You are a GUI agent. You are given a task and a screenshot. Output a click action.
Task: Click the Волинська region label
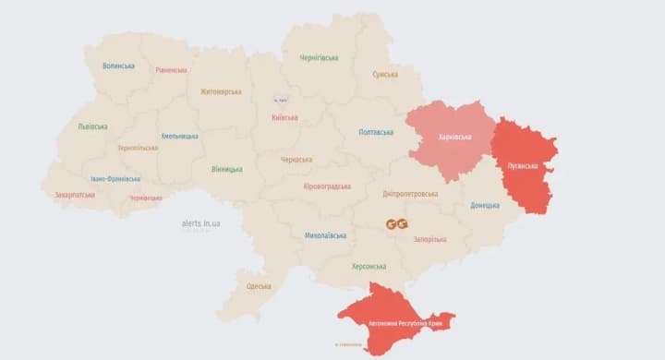coord(118,66)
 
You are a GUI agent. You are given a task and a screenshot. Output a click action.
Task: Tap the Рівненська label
coord(171,70)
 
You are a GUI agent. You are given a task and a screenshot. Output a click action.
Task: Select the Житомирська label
coord(221,91)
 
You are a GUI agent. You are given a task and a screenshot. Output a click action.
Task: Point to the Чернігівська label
coord(319,57)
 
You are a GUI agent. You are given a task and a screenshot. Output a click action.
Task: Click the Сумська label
coord(385,74)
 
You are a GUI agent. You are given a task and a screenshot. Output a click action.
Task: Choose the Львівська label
coord(92,126)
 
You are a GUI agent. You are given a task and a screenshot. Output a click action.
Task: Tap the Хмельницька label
coord(179,136)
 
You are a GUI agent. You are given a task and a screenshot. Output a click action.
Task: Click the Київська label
coord(285,117)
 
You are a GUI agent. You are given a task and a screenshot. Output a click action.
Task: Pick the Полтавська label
coord(376,132)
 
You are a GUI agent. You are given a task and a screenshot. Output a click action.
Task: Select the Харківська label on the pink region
coord(453,137)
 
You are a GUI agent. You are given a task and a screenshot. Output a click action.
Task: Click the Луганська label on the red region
coord(523,166)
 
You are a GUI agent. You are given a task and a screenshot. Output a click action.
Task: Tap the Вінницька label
coord(226,169)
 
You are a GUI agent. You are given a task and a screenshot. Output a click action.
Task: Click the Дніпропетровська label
coord(413,194)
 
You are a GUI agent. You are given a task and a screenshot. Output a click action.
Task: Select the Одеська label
coord(259,286)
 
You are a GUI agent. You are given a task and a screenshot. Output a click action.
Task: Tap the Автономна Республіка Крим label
coord(404,324)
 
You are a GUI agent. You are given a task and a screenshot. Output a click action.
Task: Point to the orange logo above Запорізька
coord(397,224)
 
